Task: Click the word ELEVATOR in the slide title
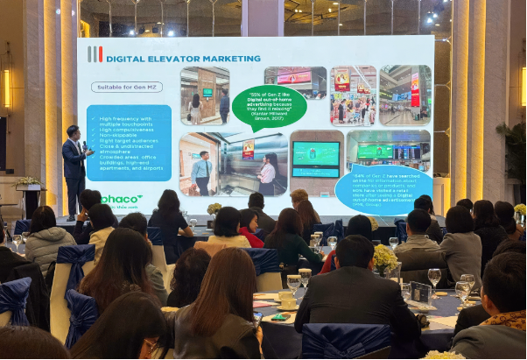click(x=167, y=59)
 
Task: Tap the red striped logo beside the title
click(x=95, y=55)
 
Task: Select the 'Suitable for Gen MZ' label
click(x=126, y=87)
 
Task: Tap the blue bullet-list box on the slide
click(x=129, y=143)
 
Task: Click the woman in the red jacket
click(x=249, y=229)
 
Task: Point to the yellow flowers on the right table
click(x=384, y=258)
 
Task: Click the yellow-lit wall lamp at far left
click(x=6, y=88)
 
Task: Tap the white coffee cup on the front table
click(x=286, y=298)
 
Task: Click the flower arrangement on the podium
click(x=29, y=182)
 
